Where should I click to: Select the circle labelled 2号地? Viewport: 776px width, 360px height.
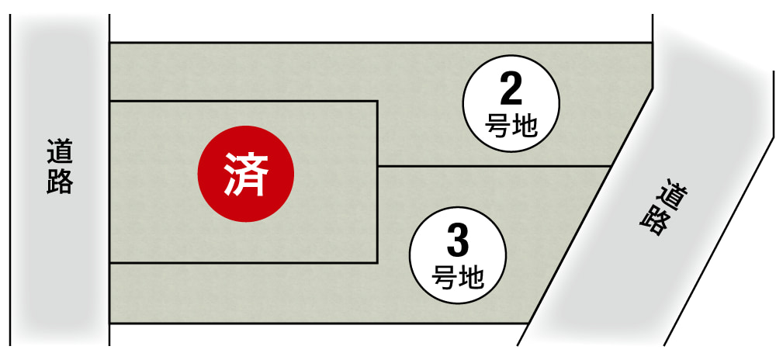coord(511,102)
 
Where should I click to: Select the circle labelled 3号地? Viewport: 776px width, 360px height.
coord(458,253)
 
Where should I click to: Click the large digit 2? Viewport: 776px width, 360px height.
coord(511,92)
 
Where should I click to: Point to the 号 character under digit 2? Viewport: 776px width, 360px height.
coord(498,124)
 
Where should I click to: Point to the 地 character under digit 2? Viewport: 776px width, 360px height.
coord(524,124)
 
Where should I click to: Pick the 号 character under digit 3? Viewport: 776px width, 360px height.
coord(445,275)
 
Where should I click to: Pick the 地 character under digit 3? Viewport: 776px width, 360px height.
coord(471,275)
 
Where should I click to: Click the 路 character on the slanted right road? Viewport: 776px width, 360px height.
coord(656,220)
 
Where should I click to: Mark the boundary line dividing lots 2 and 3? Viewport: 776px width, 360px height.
coord(493,166)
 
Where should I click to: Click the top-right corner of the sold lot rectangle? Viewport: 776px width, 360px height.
coord(377,101)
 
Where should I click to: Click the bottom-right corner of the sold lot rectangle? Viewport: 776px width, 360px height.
coord(377,263)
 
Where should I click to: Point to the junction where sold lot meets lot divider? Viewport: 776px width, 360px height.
coord(377,166)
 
